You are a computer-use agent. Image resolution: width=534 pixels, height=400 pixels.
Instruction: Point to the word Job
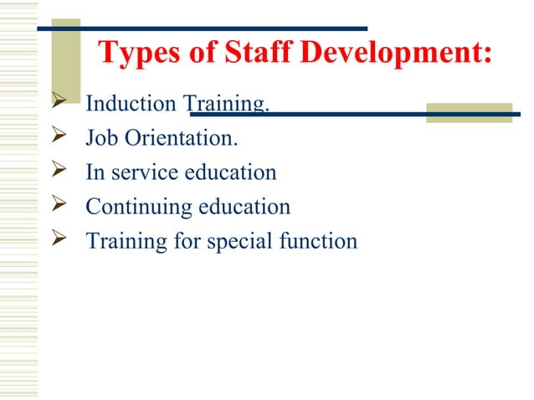[100, 139]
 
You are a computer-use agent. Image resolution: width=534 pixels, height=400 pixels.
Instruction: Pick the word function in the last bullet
[319, 241]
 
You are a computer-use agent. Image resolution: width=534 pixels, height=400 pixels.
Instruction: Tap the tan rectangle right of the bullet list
[468, 113]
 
